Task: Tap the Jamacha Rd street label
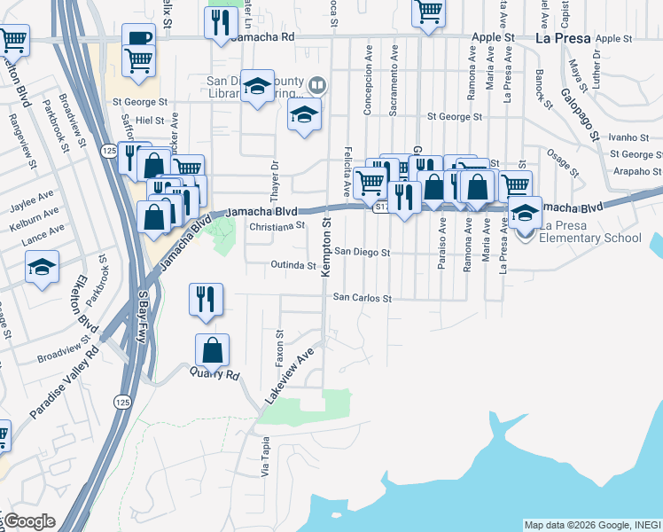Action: coord(261,38)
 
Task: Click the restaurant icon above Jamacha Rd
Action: coord(218,22)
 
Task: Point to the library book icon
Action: coord(317,86)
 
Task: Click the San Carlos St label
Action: coord(362,299)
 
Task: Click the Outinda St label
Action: coord(293,265)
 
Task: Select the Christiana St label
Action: coord(277,226)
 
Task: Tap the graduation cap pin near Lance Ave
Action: coord(42,266)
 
